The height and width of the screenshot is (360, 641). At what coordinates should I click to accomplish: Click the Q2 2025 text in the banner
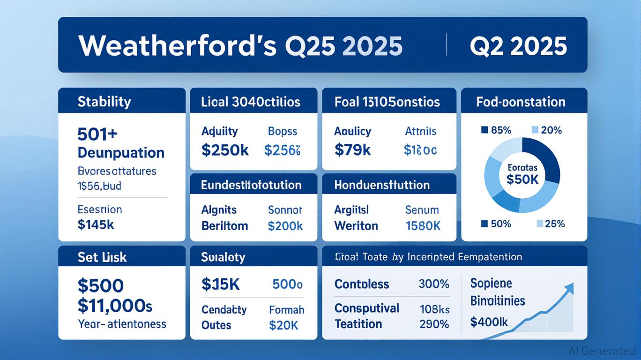518,46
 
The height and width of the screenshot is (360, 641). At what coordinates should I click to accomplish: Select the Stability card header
104,102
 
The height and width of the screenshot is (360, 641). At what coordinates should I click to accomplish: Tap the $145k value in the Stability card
96,225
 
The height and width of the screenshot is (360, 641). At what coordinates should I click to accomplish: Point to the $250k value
225,150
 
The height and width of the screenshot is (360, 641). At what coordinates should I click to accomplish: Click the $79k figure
352,150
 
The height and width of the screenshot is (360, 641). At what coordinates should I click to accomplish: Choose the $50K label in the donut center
522,179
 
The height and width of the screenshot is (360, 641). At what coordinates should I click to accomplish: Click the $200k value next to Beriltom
285,226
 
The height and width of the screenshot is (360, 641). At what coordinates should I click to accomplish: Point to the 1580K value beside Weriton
423,226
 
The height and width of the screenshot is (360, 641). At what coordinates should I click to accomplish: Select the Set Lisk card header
102,257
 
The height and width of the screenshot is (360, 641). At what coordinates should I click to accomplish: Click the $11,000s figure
115,306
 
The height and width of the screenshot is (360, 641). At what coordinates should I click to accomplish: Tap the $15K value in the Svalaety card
221,284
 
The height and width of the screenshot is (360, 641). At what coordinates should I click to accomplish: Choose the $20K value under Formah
283,325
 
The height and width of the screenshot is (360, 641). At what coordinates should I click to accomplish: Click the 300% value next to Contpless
434,284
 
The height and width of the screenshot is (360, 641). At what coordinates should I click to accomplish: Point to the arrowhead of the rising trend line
570,286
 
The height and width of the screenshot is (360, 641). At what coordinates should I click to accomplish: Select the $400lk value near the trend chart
489,322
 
